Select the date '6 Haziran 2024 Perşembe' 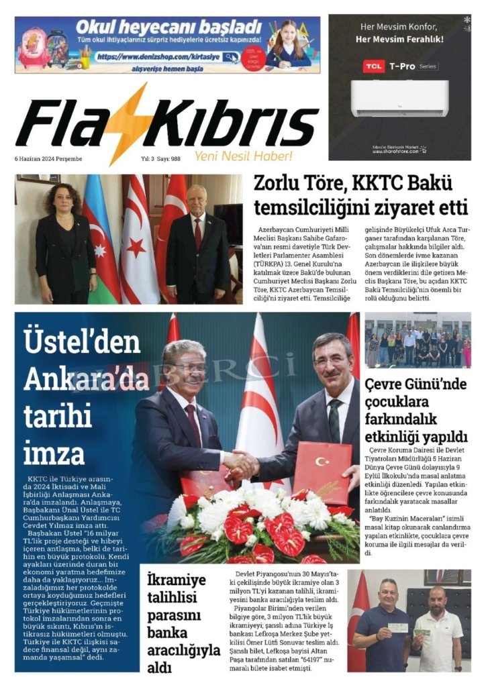(x=48, y=159)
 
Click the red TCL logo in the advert (x=373, y=66)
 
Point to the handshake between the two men (x=240, y=462)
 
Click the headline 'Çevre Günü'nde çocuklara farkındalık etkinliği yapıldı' (x=416, y=409)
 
